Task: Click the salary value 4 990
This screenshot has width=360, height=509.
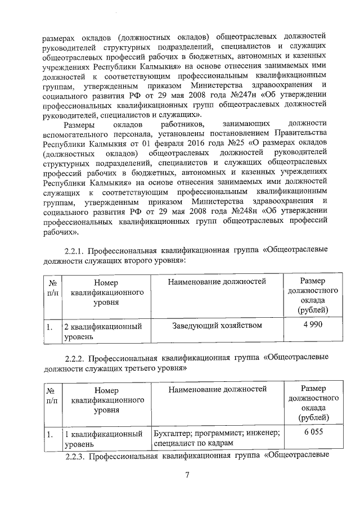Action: point(312,325)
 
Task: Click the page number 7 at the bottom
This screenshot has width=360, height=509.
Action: point(186,475)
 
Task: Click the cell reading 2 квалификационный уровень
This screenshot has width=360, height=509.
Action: point(101,330)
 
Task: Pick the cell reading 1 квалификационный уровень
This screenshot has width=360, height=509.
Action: point(101,439)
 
